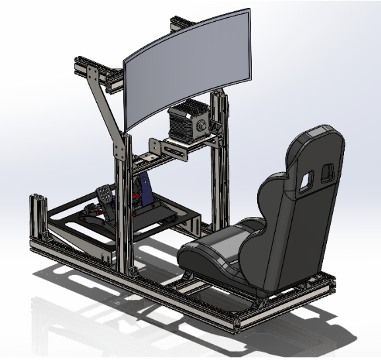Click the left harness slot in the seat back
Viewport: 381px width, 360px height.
(x=305, y=182)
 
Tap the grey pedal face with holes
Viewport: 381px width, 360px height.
(x=105, y=195)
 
